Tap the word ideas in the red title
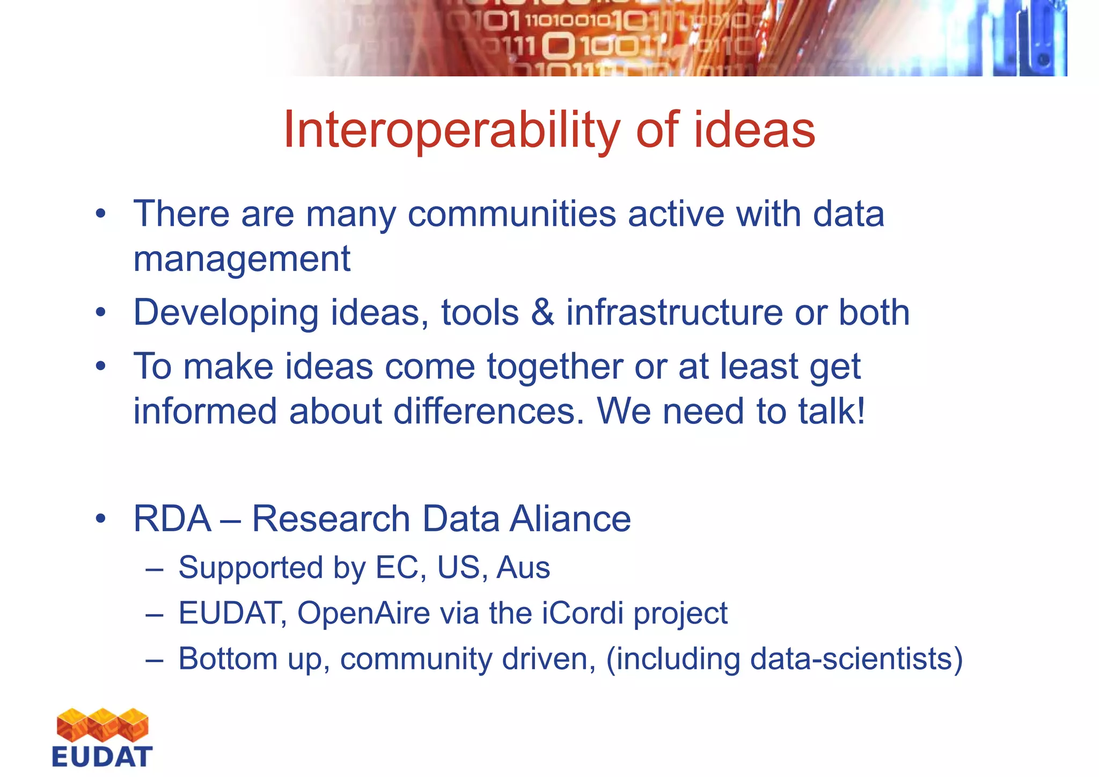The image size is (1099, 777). tap(754, 130)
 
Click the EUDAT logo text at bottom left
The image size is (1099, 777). tap(102, 757)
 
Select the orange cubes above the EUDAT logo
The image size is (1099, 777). tap(102, 725)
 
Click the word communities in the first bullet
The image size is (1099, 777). tap(512, 214)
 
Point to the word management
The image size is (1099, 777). tap(241, 259)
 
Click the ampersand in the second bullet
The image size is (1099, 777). tap(543, 313)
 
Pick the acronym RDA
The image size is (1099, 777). tap(172, 519)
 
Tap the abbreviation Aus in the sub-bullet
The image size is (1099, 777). tap(523, 568)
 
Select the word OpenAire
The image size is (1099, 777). tap(363, 613)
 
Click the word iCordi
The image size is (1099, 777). tap(583, 613)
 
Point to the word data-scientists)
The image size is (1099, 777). tap(856, 659)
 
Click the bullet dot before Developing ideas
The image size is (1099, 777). tap(101, 313)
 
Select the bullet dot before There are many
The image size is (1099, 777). tap(101, 215)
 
